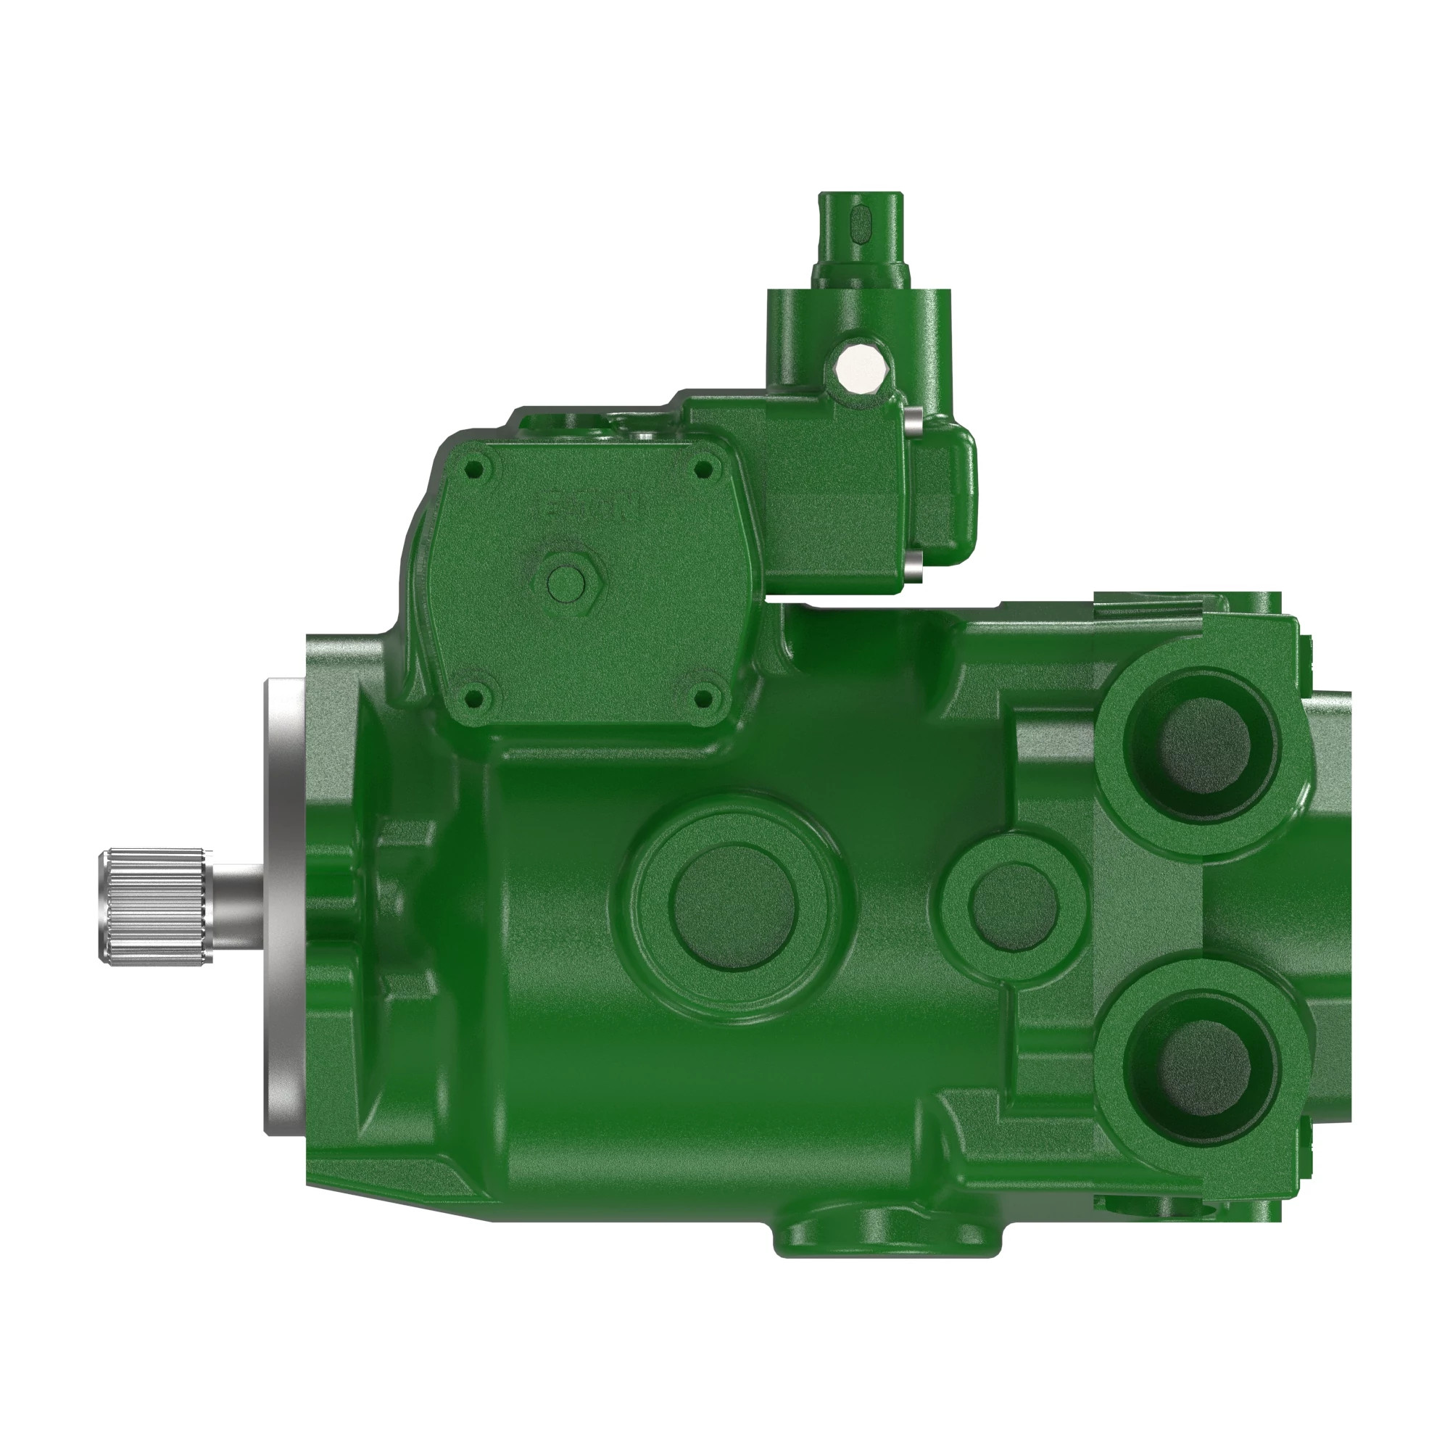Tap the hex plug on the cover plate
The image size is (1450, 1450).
(x=568, y=581)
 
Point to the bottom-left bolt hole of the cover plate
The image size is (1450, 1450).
(x=473, y=700)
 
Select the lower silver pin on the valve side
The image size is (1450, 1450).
(x=913, y=564)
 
